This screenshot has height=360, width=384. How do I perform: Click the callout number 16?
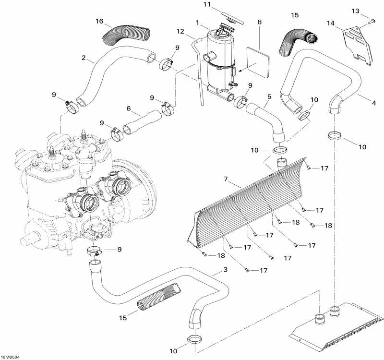click(x=99, y=21)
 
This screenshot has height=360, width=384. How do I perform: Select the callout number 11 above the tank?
click(x=207, y=5)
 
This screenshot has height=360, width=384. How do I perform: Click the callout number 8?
click(x=260, y=22)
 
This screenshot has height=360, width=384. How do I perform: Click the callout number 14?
click(x=331, y=23)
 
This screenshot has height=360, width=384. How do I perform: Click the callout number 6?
click(x=128, y=108)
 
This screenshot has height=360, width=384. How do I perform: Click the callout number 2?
click(x=84, y=59)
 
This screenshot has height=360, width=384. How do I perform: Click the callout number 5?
click(x=269, y=96)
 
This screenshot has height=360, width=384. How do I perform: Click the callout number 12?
click(x=180, y=32)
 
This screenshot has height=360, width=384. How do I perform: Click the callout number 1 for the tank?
click(x=197, y=22)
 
